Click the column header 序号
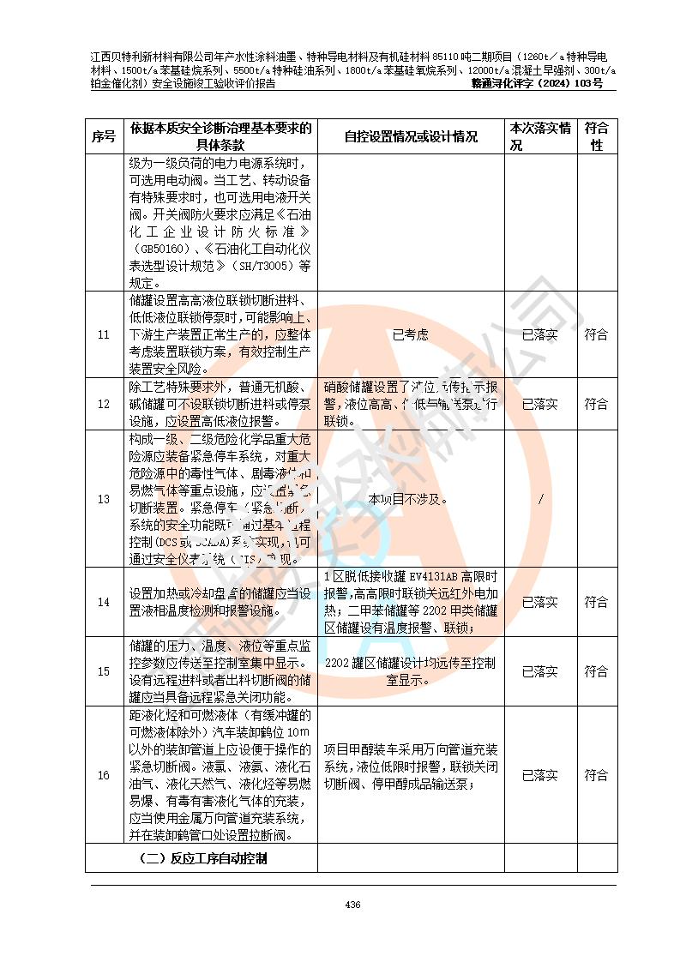point(104,137)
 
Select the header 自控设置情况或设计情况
point(411,137)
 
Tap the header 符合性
point(597,137)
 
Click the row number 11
point(104,334)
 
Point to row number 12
point(104,404)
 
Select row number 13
point(104,499)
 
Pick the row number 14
point(104,603)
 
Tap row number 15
point(104,671)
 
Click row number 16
point(104,775)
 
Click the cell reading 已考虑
point(410,334)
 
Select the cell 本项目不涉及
point(410,499)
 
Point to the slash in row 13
point(540,499)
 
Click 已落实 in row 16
point(540,775)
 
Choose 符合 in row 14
point(597,603)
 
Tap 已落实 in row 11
point(540,334)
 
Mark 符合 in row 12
point(597,404)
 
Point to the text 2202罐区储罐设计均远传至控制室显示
point(410,671)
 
